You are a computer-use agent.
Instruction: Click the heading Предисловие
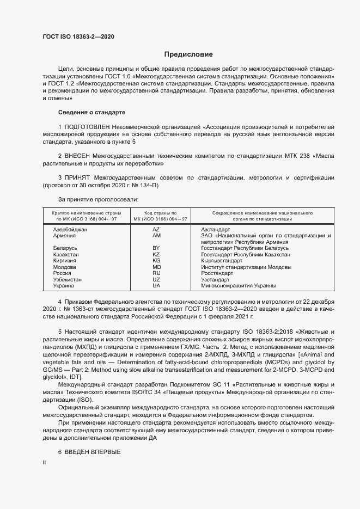pyautogui.click(x=189, y=54)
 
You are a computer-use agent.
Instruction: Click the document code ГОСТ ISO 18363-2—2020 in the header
pyautogui.click(x=78, y=37)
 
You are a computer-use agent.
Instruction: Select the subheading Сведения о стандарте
pyautogui.click(x=91, y=112)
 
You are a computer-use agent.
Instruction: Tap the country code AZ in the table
pyautogui.click(x=156, y=230)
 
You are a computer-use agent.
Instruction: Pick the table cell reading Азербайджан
pyautogui.click(x=70, y=230)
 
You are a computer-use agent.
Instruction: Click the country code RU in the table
pyautogui.click(x=156, y=273)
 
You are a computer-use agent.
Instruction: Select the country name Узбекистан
pyautogui.click(x=67, y=279)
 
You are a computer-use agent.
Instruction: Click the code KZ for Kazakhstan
pyautogui.click(x=156, y=255)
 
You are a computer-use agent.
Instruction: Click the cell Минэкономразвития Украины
pyautogui.click(x=238, y=286)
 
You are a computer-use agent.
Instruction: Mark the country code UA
pyautogui.click(x=156, y=286)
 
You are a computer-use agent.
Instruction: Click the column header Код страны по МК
pyautogui.click(x=157, y=215)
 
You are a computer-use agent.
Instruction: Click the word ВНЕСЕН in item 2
pyautogui.click(x=78, y=156)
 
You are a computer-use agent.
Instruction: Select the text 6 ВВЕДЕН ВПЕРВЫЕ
pyautogui.click(x=89, y=453)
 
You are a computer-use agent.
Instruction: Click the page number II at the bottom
pyautogui.click(x=44, y=462)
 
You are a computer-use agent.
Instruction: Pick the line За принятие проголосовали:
pyautogui.click(x=94, y=200)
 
